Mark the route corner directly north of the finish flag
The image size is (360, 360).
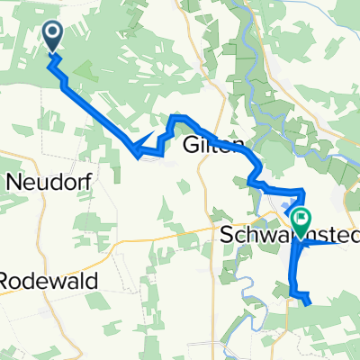pos(302,191)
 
